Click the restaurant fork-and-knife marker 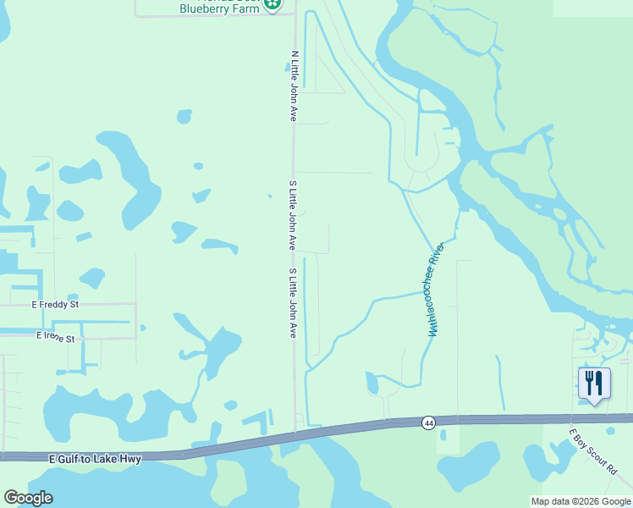(594, 384)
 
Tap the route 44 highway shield (429, 422)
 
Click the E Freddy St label (55, 304)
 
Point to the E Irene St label (55, 337)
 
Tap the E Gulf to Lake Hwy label (94, 458)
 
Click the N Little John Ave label (294, 85)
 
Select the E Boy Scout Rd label (593, 451)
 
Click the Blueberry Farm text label (218, 8)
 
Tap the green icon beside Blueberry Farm (272, 5)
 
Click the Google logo (29, 498)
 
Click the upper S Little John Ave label (293, 215)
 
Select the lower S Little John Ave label (293, 303)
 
